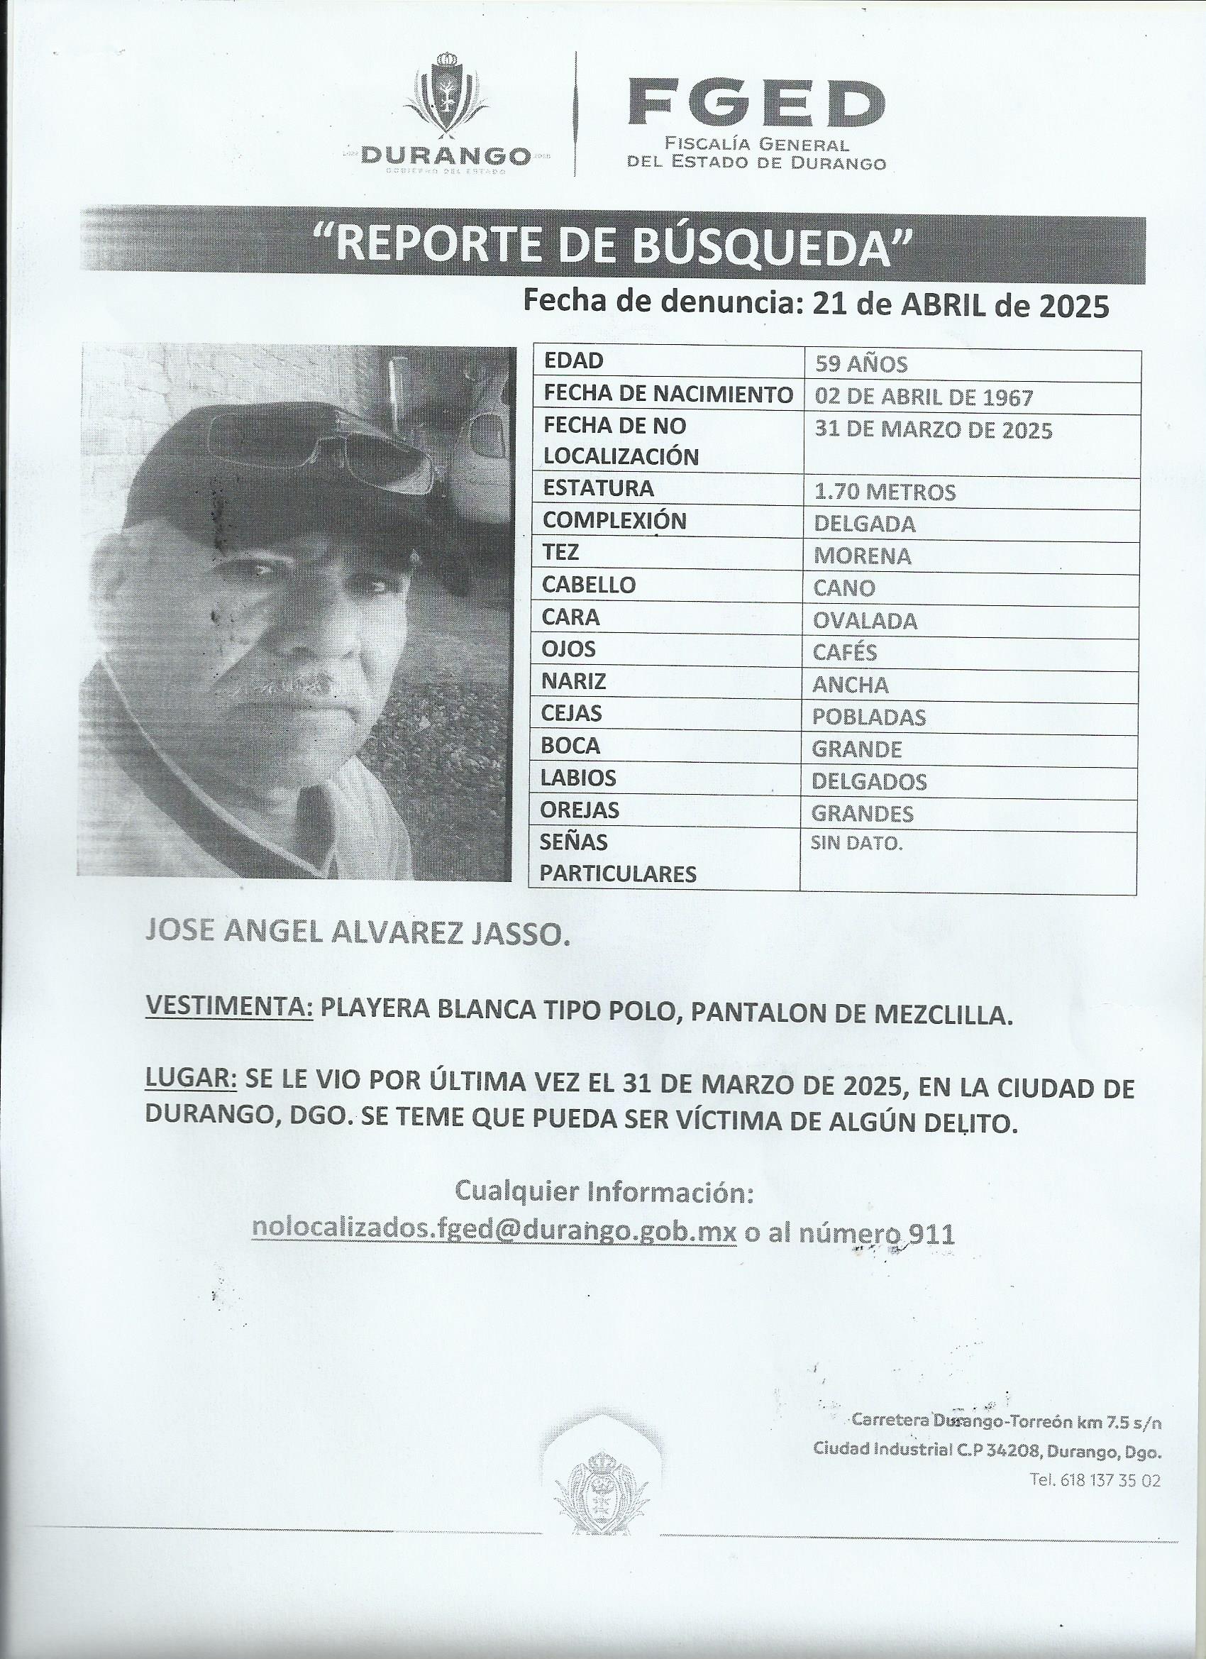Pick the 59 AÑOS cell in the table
click(x=860, y=363)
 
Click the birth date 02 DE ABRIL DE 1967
click(x=923, y=397)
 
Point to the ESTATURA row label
click(x=598, y=488)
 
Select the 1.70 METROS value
click(x=884, y=492)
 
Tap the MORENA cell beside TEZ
click(x=862, y=556)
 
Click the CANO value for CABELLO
click(x=844, y=588)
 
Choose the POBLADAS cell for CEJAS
click(x=869, y=717)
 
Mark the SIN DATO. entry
click(x=856, y=844)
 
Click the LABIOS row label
click(x=577, y=778)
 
